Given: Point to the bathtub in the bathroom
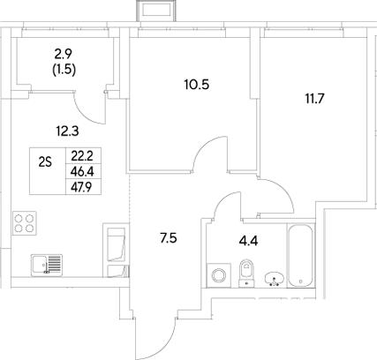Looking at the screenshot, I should (300, 256).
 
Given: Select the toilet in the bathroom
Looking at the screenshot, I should (246, 273).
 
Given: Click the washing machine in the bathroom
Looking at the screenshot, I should (216, 275).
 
